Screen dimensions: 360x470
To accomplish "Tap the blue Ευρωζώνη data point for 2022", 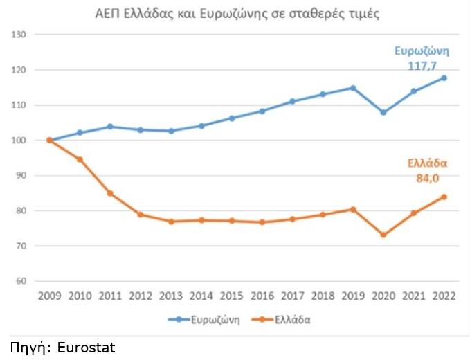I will coord(444,78).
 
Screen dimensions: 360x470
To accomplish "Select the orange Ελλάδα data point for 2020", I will coord(383,235).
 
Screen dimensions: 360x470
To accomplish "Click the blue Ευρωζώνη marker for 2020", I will coord(383,112).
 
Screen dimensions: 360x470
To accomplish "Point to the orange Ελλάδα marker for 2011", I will coord(110,193).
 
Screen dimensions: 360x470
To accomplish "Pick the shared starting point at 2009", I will coord(49,141).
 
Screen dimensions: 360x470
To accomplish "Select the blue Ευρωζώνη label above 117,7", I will coord(422,51).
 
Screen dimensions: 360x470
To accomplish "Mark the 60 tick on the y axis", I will coord(21,281).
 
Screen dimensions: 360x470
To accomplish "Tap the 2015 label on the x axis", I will coord(231,296).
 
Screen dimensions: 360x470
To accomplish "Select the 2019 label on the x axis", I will coord(352,296).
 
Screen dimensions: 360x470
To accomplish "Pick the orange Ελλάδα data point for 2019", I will coord(352,209).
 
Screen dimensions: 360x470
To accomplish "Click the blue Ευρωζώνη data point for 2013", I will coord(170,131).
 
